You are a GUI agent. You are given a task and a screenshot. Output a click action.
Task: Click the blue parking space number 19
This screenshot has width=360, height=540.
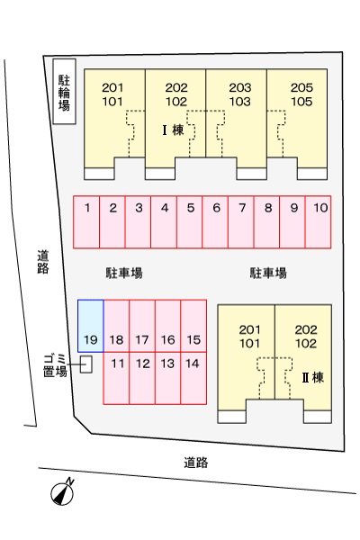tap(91, 326)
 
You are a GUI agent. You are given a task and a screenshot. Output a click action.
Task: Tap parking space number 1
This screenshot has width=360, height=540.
tap(86, 221)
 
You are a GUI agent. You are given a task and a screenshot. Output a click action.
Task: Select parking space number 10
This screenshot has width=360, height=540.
tap(319, 221)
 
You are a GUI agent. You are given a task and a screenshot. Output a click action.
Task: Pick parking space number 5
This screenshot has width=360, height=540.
tap(190, 221)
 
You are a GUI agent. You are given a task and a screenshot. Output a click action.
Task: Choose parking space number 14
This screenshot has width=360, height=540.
tap(193, 378)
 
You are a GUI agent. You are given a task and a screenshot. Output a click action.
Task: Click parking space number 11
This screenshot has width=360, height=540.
tap(116, 378)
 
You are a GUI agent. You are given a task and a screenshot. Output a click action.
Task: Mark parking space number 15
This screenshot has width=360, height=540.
tap(193, 326)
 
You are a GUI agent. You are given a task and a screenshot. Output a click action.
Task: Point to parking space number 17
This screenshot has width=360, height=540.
tap(142, 326)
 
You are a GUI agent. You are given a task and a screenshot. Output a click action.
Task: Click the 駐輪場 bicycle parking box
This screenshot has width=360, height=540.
tap(65, 91)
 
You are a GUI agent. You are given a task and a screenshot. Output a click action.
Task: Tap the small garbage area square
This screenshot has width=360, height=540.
tap(86, 364)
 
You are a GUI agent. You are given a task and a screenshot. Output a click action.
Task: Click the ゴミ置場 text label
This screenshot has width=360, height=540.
tap(55, 365)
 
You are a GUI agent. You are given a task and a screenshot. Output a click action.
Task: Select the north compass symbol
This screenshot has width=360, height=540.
tap(63, 492)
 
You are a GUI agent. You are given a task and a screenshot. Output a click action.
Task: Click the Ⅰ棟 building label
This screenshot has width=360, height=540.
tap(174, 130)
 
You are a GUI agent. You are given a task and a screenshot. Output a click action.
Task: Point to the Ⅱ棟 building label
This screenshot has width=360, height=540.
tap(313, 377)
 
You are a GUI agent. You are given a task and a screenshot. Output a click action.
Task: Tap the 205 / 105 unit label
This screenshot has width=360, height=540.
tap(301, 94)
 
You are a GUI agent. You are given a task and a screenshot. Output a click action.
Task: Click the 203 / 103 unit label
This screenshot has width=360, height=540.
tap(240, 94)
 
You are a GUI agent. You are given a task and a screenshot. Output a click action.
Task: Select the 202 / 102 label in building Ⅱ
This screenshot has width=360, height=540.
tap(306, 337)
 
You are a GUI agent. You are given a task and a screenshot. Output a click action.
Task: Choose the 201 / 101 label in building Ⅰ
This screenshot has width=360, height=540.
tap(112, 94)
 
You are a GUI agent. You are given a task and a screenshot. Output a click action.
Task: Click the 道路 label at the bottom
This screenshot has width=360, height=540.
tap(195, 463)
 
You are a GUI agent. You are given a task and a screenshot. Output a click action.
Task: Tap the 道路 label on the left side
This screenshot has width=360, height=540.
tap(43, 262)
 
